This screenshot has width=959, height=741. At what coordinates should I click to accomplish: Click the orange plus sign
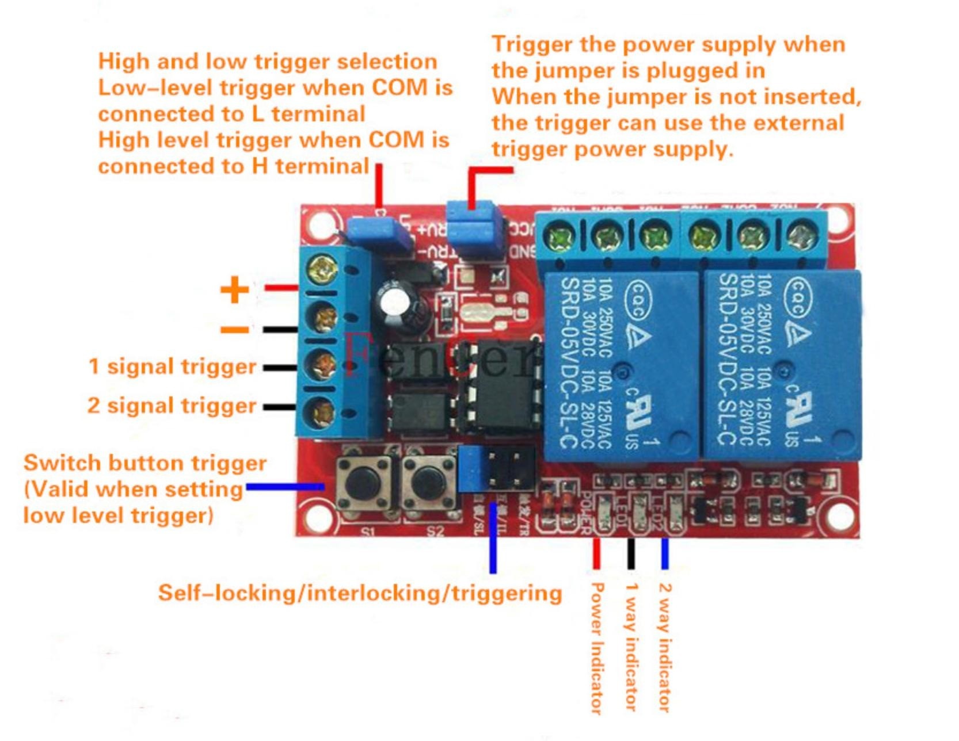pos(234,289)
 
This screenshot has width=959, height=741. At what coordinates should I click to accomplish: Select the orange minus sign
pos(234,330)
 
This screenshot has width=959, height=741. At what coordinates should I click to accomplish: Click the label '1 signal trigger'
pos(172,366)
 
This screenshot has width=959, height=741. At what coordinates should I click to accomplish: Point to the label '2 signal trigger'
pos(172,406)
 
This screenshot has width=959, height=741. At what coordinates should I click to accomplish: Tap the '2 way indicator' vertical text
pos(664,647)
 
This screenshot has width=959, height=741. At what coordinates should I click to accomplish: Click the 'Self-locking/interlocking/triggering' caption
pos(360,593)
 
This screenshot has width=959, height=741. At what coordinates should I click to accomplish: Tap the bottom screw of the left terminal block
pos(322,412)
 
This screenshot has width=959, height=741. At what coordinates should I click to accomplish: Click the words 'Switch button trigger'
pos(145,463)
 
